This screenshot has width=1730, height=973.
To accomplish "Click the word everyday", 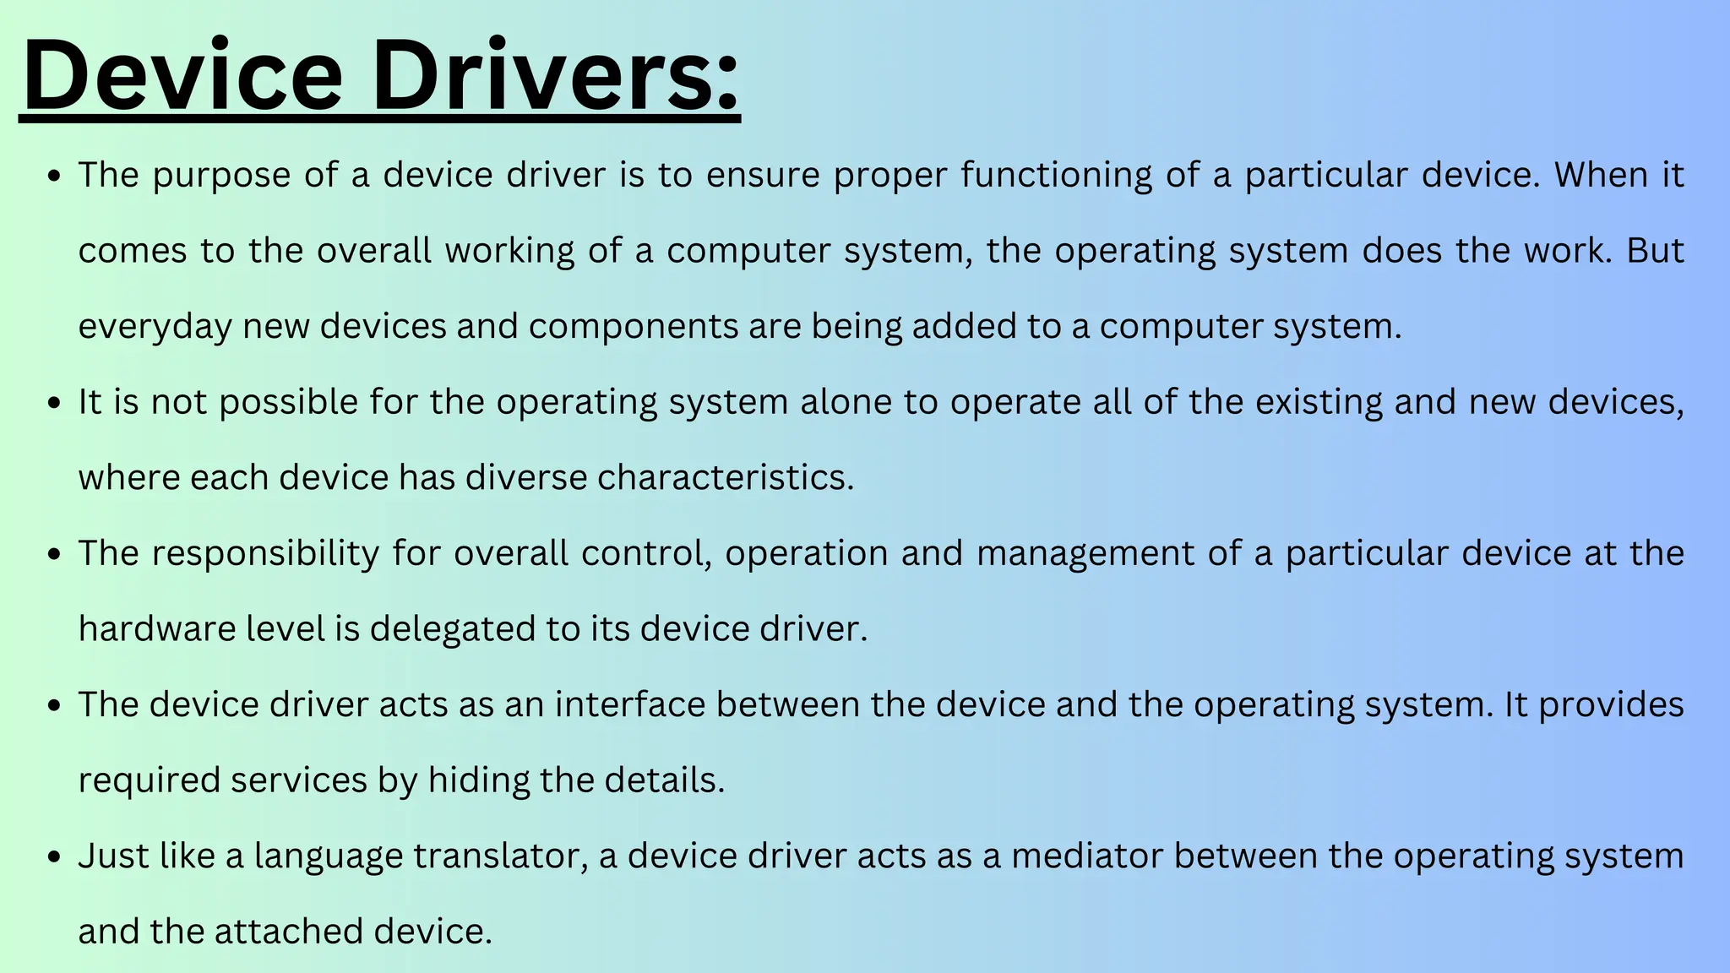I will [155, 327].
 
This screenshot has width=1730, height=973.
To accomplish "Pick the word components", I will [634, 327].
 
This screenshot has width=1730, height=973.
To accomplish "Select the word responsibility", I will [265, 554].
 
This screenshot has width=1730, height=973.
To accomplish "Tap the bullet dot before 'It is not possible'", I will [55, 403].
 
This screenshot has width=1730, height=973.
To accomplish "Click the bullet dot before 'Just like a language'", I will [55, 856].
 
